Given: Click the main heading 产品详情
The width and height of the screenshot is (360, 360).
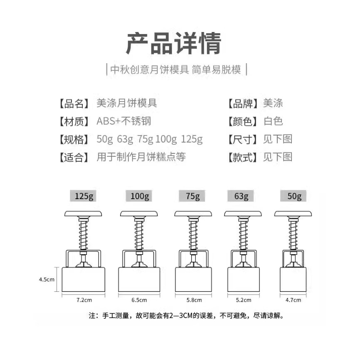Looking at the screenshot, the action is click(174, 43).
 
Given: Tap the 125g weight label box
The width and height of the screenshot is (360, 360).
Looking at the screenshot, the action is click(84, 196).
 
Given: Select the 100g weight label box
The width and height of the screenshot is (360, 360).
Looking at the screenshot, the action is click(139, 196).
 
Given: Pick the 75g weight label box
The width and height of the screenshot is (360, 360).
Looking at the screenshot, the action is click(192, 196).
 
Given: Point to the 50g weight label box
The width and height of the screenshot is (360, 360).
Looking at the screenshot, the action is click(294, 196).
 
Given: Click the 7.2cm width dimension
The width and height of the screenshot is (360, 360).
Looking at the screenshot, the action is click(84, 300).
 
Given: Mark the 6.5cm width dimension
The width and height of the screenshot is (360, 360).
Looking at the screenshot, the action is click(139, 300).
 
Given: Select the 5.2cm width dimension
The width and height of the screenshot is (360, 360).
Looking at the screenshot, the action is click(244, 300).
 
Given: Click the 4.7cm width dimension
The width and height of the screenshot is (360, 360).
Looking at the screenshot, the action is click(293, 300).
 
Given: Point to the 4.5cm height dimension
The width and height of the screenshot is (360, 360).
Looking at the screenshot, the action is click(47, 279).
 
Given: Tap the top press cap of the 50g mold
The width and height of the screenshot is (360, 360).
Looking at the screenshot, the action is click(293, 214).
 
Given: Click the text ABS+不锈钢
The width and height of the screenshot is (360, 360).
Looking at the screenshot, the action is click(123, 121).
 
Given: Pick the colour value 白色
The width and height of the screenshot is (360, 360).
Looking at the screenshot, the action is click(273, 121).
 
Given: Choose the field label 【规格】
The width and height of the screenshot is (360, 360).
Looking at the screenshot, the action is click(74, 139).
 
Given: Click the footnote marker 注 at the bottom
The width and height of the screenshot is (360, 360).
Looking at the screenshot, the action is click(92, 316).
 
